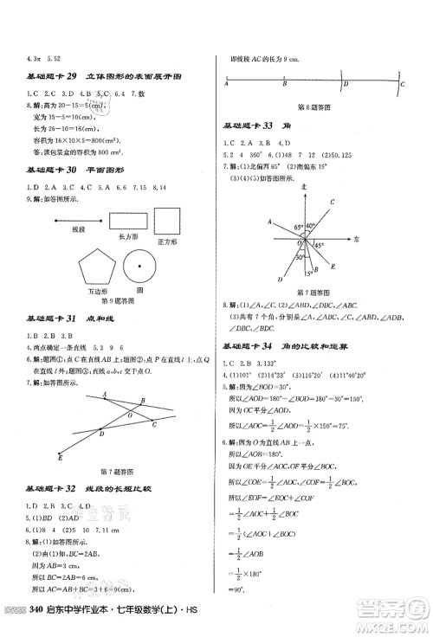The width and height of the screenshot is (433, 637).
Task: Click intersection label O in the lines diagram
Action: pyautogui.click(x=130, y=414)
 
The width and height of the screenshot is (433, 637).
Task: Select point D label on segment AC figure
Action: pyautogui.click(x=346, y=84)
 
